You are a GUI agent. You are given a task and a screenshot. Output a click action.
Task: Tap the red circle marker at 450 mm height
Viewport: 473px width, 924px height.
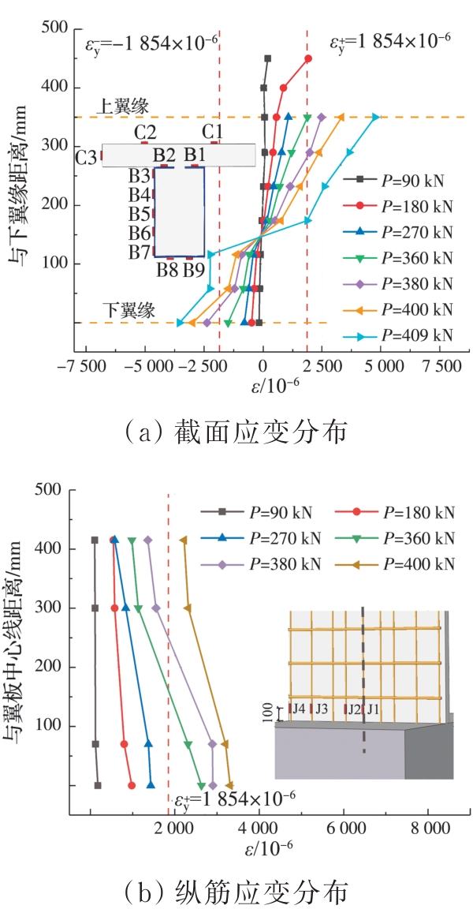click(x=308, y=58)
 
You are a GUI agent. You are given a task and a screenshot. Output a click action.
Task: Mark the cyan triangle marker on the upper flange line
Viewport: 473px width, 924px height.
click(x=376, y=118)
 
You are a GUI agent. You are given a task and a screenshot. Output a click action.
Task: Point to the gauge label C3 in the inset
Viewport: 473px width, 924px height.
click(x=86, y=158)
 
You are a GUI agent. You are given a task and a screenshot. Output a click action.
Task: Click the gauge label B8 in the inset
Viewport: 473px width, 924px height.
click(x=166, y=271)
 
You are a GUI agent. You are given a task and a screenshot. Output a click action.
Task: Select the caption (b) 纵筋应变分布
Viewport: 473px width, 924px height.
click(x=236, y=894)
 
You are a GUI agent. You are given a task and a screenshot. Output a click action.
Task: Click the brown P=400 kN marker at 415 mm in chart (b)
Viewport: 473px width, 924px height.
click(x=184, y=541)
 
